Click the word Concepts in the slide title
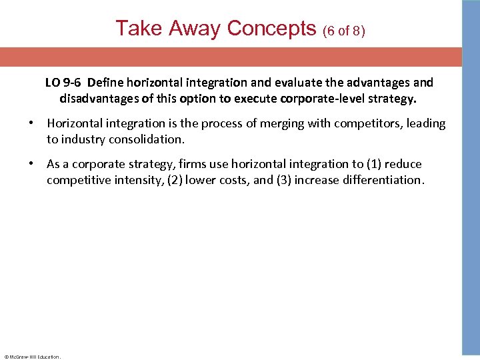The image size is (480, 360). [271, 28]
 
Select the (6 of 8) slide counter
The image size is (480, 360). [344, 31]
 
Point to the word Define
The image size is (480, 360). [105, 83]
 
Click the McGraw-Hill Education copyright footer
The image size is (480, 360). [32, 357]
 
